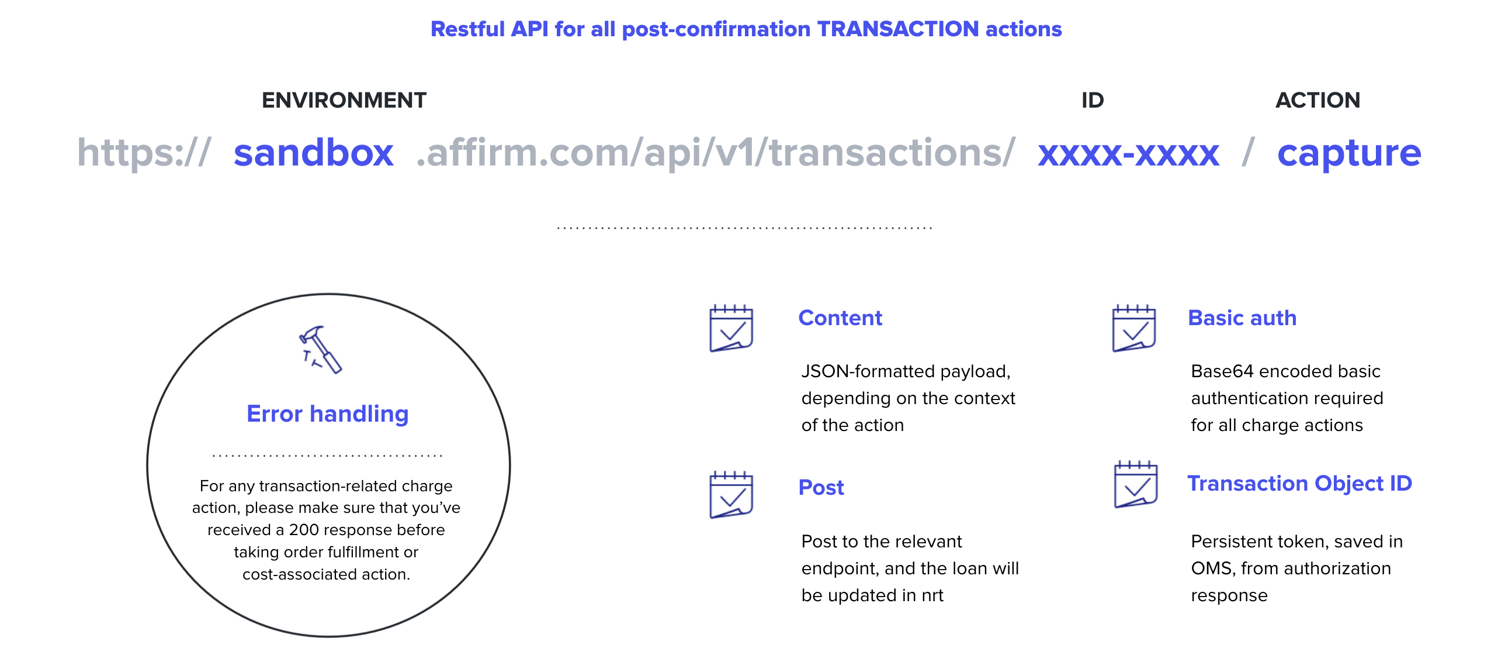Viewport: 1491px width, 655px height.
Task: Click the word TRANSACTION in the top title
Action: [x=897, y=29]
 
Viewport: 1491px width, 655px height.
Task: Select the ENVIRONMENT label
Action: [x=344, y=100]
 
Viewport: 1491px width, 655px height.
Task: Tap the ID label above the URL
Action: [x=1093, y=100]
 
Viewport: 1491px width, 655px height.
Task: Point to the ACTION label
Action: [x=1317, y=100]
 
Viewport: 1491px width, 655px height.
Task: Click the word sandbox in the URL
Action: [x=314, y=153]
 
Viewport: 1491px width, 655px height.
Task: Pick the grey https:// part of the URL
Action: [x=144, y=153]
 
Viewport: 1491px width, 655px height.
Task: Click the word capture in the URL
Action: [x=1349, y=155]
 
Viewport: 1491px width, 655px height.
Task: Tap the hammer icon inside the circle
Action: [x=320, y=349]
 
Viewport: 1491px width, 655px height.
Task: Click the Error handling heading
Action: [x=327, y=413]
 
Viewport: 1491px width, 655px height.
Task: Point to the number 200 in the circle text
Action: [x=304, y=530]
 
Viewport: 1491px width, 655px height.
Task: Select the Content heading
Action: [x=840, y=318]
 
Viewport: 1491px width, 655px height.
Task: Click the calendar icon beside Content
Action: [x=731, y=328]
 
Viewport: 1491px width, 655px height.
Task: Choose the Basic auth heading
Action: [x=1242, y=318]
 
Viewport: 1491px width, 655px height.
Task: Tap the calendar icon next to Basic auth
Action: [x=1134, y=328]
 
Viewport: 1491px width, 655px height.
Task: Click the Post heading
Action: [x=821, y=487]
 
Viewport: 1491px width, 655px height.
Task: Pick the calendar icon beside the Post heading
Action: [x=731, y=495]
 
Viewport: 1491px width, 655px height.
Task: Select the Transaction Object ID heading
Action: [x=1300, y=484]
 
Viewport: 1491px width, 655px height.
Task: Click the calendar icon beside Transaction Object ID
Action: [x=1136, y=484]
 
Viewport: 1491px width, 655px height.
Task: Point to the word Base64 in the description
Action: [x=1223, y=371]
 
